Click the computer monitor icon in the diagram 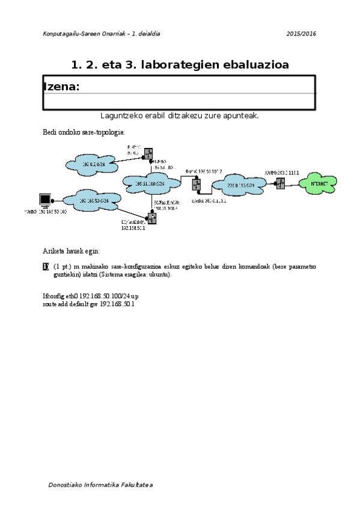tap(44, 200)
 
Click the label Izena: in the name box tap(61, 87)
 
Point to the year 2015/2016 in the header tap(302, 34)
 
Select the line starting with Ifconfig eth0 tap(90, 296)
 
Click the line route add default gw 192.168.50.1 tap(88, 304)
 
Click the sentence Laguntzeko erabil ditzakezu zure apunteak tap(180, 115)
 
